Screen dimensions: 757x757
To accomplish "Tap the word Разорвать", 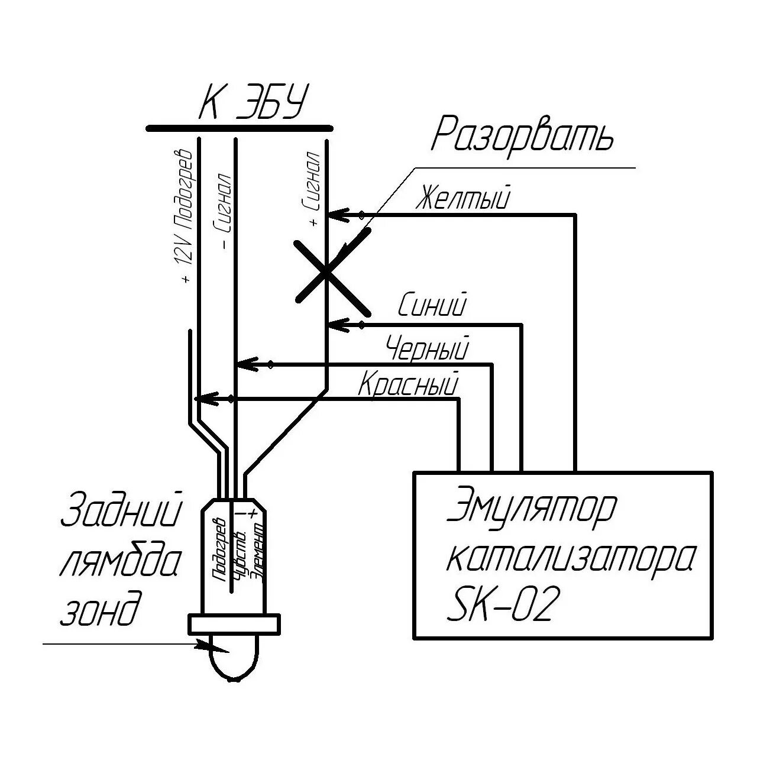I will tap(523, 135).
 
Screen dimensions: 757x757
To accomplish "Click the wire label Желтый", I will tap(462, 198).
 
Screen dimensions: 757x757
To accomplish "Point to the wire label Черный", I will tap(427, 348).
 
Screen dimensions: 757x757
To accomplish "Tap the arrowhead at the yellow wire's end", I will tap(337, 215).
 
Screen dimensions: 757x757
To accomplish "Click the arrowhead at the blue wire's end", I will tap(337, 324).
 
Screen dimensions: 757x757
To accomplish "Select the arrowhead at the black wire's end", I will tap(246, 364).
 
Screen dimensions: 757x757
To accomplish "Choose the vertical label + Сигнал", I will tap(312, 189).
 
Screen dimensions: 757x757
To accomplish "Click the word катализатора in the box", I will tap(571, 557).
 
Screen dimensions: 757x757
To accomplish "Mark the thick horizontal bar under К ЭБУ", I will tap(240, 128).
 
